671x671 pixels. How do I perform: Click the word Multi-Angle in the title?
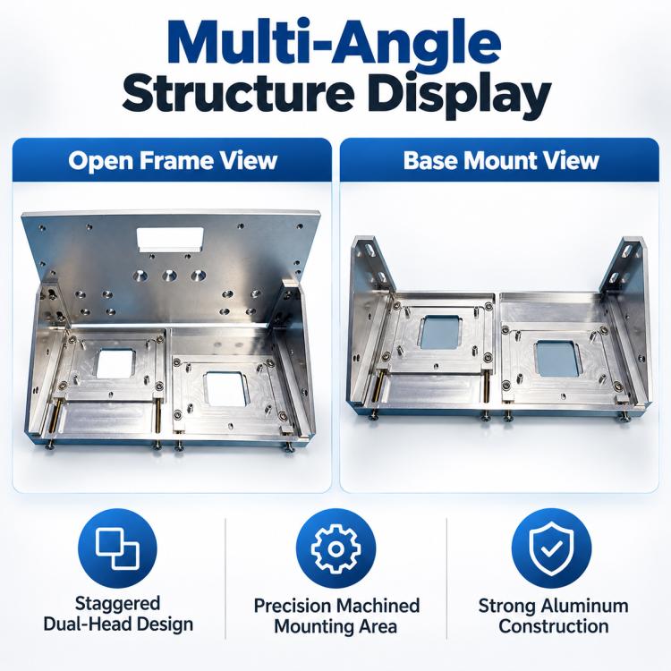click(x=335, y=42)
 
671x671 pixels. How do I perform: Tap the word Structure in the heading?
click(x=238, y=94)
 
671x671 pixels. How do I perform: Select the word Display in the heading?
click(x=458, y=97)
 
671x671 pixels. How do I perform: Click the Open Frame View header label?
click(x=173, y=160)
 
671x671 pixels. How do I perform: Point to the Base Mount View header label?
click(x=501, y=160)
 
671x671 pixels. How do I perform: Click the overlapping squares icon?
click(x=117, y=548)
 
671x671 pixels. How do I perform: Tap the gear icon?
click(x=335, y=548)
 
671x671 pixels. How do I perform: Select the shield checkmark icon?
click(x=551, y=548)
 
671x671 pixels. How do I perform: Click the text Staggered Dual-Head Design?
click(x=118, y=614)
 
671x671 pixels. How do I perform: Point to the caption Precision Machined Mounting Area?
click(x=336, y=616)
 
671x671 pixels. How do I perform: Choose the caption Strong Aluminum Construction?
click(x=553, y=616)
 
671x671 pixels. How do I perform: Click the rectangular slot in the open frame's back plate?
click(x=170, y=239)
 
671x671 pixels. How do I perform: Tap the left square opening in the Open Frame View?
click(x=116, y=363)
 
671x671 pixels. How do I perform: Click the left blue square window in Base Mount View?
click(x=440, y=333)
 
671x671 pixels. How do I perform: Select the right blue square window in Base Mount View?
click(x=558, y=359)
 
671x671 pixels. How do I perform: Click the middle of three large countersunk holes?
click(x=169, y=276)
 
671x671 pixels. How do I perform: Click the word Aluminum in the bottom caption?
click(x=584, y=606)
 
